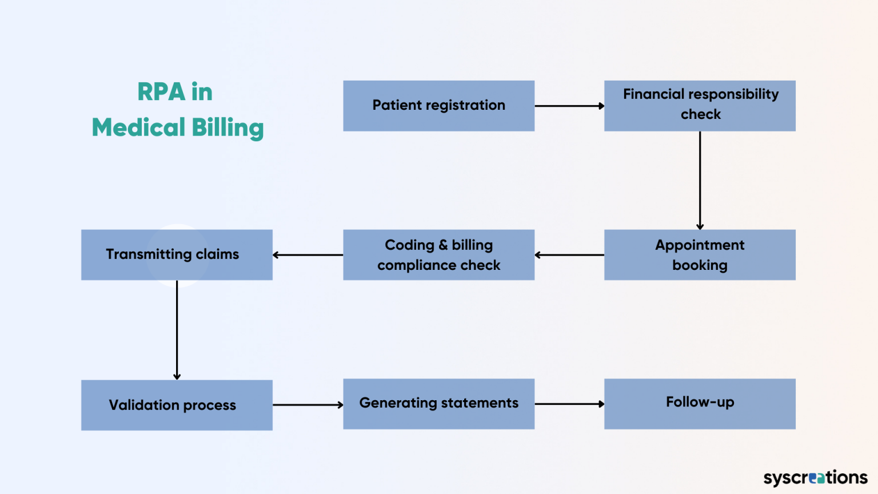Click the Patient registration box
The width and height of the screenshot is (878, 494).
[x=438, y=106]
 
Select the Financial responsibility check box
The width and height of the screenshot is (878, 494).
[x=700, y=106]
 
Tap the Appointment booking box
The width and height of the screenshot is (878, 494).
[x=700, y=255]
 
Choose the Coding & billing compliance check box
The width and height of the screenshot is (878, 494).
[x=438, y=255]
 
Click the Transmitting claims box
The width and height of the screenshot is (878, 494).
[x=177, y=255]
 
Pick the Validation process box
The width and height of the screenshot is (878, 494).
[x=177, y=405]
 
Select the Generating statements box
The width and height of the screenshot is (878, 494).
[x=438, y=404]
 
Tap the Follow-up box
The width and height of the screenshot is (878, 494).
[x=700, y=404]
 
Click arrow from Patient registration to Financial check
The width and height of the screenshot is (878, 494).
[x=569, y=106]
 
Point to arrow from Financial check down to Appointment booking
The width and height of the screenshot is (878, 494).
[x=700, y=180]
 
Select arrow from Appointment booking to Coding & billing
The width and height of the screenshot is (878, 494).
[x=569, y=255]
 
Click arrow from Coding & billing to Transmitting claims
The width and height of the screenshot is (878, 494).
[x=308, y=255]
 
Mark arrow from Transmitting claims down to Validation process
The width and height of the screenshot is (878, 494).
[x=177, y=330]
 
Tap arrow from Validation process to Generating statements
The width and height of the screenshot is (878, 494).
[x=308, y=405]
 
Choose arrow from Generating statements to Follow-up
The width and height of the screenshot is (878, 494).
[x=569, y=404]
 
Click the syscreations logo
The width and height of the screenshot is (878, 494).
[x=815, y=477]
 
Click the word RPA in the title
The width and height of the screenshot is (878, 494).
[x=161, y=92]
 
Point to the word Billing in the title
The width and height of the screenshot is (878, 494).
[x=228, y=128]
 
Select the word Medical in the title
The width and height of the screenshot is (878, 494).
[x=139, y=128]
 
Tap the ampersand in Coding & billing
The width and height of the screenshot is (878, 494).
[x=443, y=245]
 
